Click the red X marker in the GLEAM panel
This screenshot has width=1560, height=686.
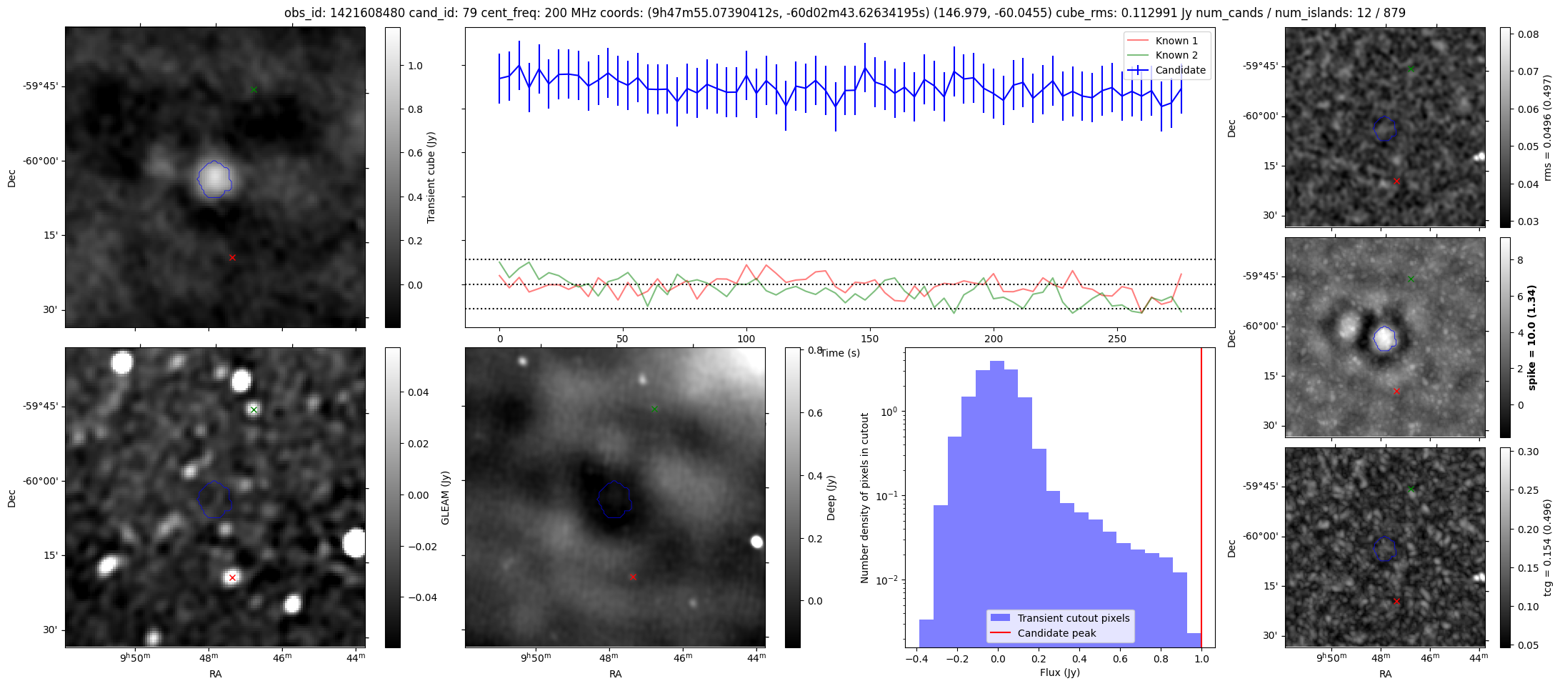tap(232, 577)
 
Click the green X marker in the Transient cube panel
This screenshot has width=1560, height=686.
tap(254, 89)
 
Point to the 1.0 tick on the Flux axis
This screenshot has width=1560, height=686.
tap(1201, 659)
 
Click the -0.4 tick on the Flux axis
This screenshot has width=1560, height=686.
tap(916, 659)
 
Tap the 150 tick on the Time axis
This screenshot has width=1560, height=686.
tap(869, 339)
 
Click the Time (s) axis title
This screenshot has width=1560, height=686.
tap(840, 353)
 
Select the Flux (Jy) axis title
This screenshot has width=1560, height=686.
tap(1060, 672)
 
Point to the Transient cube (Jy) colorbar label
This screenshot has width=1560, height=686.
tap(431, 177)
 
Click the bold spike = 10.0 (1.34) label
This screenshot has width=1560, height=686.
tap(1531, 337)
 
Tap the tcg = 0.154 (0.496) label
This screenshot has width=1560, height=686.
tap(1547, 547)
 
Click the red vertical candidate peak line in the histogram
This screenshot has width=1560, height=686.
tap(1201, 500)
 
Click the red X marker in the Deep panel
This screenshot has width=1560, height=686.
tap(633, 577)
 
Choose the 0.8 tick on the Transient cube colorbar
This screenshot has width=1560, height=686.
tap(415, 109)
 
